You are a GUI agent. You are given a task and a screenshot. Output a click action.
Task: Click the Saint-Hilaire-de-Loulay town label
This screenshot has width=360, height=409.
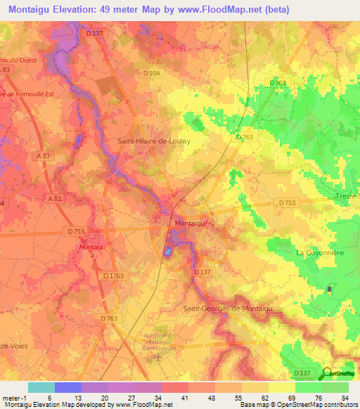coord(153,141)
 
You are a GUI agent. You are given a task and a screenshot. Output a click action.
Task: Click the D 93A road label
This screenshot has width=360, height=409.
coord(151,72)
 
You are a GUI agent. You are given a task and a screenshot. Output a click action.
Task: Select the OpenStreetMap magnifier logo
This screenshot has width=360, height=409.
coord(328,372)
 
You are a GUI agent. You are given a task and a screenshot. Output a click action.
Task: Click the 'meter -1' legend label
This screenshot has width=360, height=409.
coord(14,397)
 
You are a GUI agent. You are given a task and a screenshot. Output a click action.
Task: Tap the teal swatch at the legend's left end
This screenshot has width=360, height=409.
coord(41,387)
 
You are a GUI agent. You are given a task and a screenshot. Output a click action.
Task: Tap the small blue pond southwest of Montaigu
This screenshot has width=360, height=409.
coord(168,251)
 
